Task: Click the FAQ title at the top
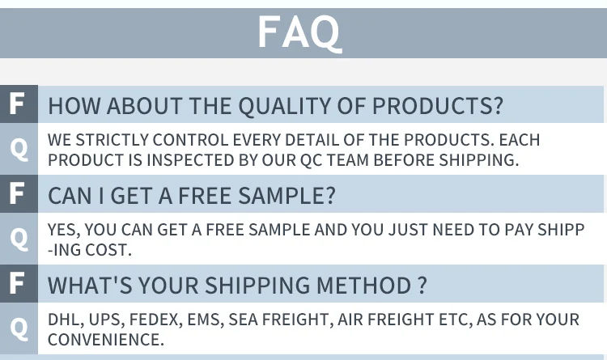(299, 32)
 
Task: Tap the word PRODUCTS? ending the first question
(437, 105)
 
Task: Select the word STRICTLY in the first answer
(112, 140)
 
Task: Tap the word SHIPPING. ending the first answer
(479, 160)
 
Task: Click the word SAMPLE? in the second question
(287, 196)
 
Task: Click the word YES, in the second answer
(64, 230)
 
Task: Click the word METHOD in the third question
(363, 286)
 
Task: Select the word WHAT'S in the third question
(90, 286)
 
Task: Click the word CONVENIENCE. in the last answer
(106, 340)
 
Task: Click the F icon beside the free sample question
(17, 193)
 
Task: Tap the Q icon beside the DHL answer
(19, 328)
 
